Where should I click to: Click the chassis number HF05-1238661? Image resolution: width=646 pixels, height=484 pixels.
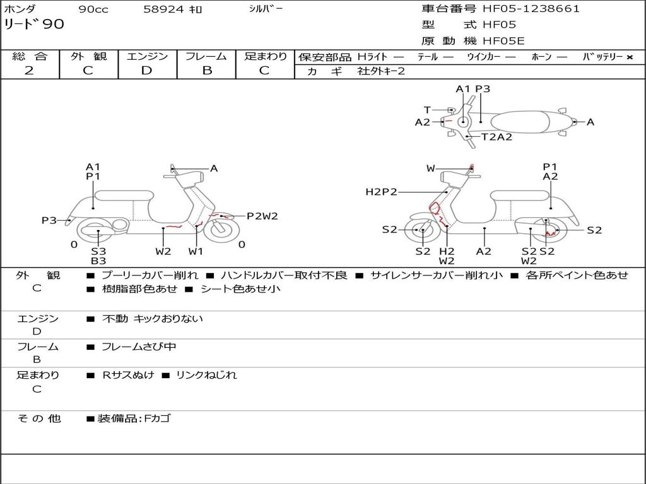[531, 9]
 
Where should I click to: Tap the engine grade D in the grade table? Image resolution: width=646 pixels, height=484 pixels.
[147, 71]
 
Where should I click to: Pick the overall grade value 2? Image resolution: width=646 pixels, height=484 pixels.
[29, 71]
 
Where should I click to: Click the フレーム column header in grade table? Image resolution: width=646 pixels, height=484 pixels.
[206, 56]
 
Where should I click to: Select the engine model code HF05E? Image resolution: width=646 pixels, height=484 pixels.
[503, 42]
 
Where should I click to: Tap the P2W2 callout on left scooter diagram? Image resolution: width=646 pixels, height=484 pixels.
[262, 216]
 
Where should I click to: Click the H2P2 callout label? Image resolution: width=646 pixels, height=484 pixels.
[381, 192]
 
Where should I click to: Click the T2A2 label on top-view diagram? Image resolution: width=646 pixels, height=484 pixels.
[496, 137]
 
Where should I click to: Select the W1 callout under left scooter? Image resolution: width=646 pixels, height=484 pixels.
[196, 251]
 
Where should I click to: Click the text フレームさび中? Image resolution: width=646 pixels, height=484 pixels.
[139, 347]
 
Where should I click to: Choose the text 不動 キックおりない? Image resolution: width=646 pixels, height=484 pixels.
[153, 319]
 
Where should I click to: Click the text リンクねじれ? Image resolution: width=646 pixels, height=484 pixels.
[206, 375]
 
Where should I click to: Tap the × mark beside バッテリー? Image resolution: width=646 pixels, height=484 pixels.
[629, 57]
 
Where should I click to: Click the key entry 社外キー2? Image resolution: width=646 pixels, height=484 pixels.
[381, 71]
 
